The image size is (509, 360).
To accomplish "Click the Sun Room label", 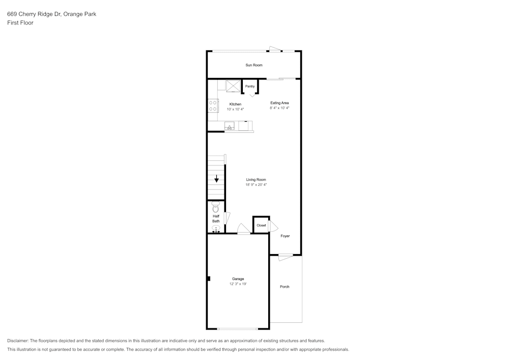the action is point(254,65).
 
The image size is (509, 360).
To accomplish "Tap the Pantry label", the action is point(250,87).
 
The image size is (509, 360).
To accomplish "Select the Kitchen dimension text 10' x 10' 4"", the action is point(235,109).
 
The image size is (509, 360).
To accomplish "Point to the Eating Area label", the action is point(279,103).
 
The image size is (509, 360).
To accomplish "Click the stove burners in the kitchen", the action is point(213,106).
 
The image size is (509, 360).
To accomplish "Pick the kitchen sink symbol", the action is point(230,126).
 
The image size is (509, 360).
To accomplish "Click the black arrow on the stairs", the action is point(216,179).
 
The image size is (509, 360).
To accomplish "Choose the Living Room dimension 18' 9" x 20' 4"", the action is point(256,185).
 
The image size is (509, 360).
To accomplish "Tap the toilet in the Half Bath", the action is point(216,207).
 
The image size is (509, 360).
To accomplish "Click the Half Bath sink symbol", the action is point(216,229).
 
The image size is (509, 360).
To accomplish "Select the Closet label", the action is point(261,225).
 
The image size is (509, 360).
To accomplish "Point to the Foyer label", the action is point(285,236).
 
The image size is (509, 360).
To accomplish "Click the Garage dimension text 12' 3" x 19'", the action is point(238,284).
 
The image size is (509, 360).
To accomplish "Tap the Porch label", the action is point(285,287).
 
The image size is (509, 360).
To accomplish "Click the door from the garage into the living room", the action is point(243,229).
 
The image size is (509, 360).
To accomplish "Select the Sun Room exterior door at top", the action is point(275,49).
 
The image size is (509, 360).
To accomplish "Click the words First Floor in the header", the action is point(20,23).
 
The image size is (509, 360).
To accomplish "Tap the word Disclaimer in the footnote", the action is point(17,341).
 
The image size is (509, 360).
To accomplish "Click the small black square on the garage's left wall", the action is point(209,279).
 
